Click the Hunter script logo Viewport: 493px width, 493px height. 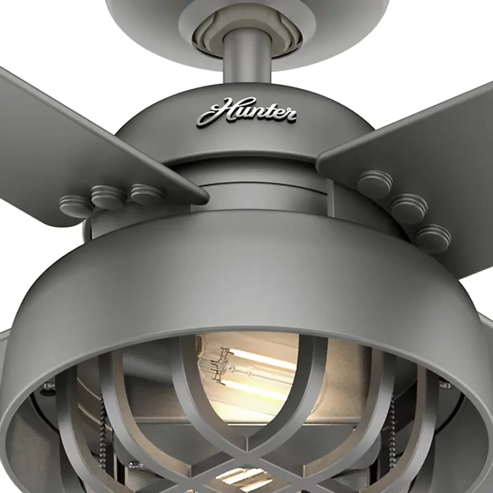246,112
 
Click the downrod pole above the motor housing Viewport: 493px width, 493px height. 247,57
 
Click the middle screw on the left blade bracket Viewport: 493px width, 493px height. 108,196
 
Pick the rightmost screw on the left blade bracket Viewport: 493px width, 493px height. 146,194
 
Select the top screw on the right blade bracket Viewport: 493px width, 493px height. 375,183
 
